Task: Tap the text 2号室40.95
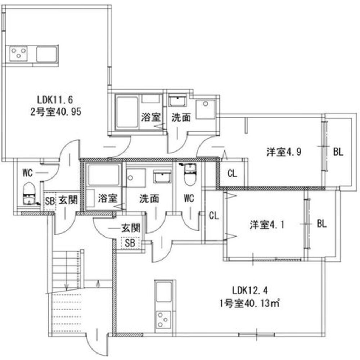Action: pos(56,112)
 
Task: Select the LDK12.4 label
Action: pos(250,291)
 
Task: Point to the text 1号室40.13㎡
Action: pos(249,303)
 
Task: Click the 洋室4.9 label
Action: pos(284,152)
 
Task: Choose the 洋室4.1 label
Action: pos(267,224)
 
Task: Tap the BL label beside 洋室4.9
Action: pos(338,152)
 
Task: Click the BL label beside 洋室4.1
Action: pos(321,224)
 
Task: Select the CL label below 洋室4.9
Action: pos(232,174)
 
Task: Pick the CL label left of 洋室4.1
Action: pos(214,216)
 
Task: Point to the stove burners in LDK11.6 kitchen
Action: pos(18,54)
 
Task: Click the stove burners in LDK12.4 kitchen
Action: pos(163,319)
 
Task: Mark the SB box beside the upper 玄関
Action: pos(50,201)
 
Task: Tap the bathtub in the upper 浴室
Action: pos(127,113)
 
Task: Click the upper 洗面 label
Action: pos(181,117)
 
